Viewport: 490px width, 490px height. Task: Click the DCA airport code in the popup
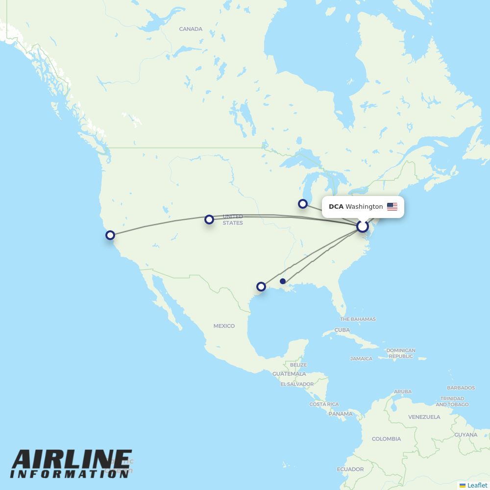(336, 207)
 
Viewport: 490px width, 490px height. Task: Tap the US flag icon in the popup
(392, 207)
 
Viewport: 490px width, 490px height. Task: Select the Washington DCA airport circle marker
(363, 226)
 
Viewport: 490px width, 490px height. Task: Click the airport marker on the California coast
(110, 235)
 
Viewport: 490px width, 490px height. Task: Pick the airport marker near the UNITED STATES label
(209, 219)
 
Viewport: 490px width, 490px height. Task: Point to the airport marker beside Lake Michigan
(303, 203)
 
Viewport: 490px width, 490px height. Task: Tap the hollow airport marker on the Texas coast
(261, 286)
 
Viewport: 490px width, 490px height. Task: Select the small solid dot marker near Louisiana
(283, 281)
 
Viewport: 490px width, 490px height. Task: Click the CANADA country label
(191, 29)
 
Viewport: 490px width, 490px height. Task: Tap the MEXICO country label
(224, 326)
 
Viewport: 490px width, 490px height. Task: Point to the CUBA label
(342, 330)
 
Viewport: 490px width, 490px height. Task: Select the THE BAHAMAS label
(358, 319)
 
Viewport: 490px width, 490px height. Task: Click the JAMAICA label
(361, 359)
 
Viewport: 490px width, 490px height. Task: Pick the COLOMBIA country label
(386, 439)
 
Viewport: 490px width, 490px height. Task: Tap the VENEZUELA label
(424, 417)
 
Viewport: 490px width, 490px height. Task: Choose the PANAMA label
(341, 414)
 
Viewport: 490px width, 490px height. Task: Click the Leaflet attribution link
(477, 485)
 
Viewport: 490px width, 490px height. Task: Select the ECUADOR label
(350, 469)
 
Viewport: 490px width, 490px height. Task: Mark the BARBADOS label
(461, 388)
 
